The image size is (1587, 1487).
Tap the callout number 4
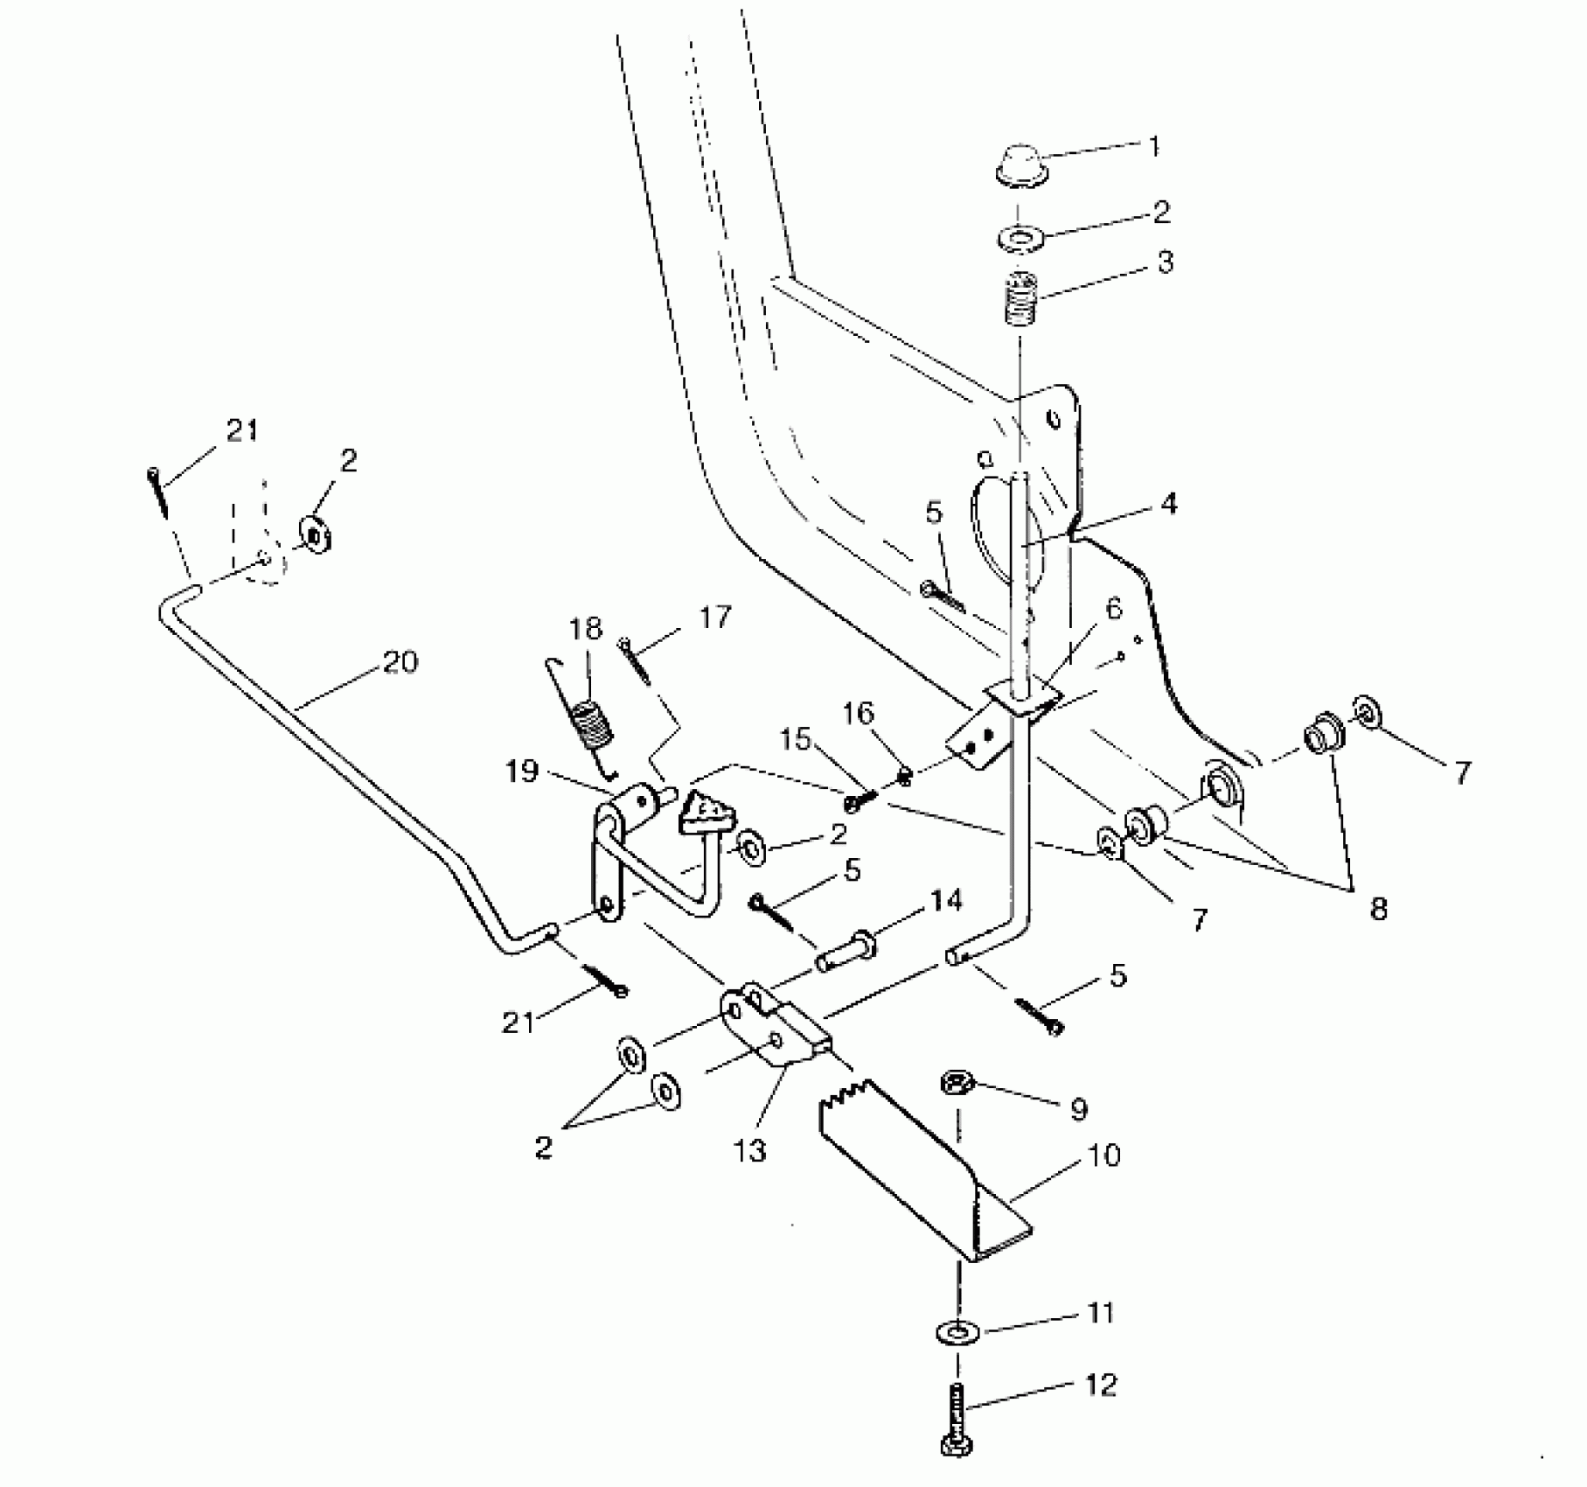coord(1168,504)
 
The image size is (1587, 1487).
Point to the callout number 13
coord(750,1151)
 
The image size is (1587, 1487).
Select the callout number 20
coord(400,662)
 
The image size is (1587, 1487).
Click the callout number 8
coord(1378,909)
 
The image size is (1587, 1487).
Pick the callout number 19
coord(522,772)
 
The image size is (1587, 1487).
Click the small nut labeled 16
coord(906,774)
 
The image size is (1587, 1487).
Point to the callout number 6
coord(1113,610)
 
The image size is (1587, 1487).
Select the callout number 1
coord(1153,147)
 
